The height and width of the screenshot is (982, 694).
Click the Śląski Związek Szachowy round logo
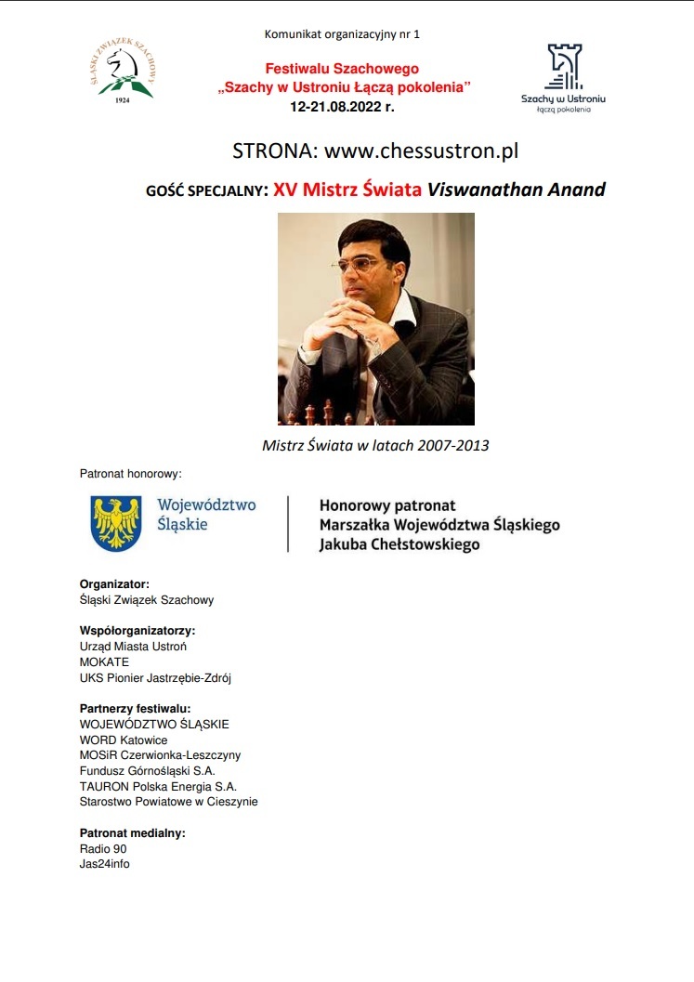(122, 71)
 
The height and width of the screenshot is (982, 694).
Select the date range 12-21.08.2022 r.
(343, 107)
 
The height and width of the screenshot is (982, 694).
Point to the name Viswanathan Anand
(516, 190)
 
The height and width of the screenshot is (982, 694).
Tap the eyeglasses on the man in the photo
(358, 265)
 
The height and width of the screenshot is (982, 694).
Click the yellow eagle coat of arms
(115, 522)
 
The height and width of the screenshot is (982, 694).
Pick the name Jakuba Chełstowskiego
(399, 544)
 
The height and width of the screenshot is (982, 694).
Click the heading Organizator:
(114, 584)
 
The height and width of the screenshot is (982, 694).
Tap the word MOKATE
(105, 662)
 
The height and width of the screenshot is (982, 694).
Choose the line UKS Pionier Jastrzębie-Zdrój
(155, 678)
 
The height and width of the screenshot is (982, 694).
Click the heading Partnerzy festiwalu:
(135, 709)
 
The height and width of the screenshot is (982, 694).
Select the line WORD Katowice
(124, 740)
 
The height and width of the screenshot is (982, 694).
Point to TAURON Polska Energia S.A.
(158, 786)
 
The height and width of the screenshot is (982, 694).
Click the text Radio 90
(103, 849)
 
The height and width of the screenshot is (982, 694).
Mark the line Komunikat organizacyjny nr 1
(343, 34)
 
